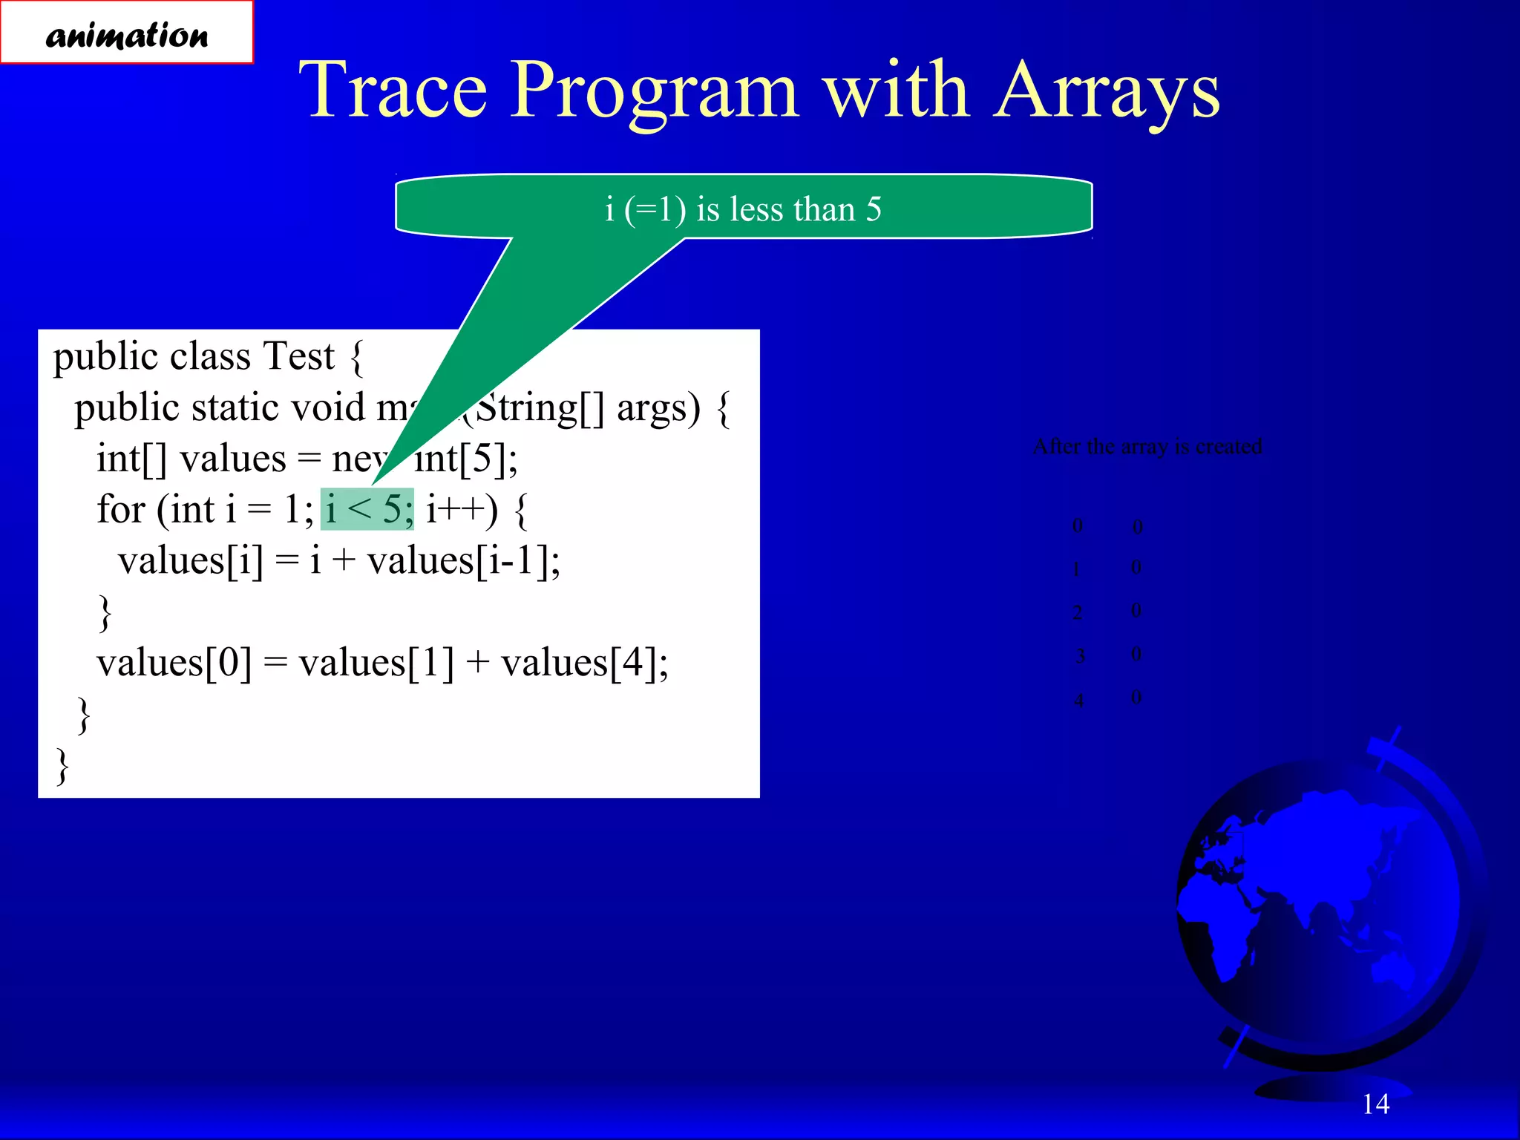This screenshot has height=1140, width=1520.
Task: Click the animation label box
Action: tap(126, 33)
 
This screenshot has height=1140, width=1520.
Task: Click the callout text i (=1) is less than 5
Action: tap(743, 209)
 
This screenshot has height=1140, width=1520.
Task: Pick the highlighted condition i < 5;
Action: tap(367, 509)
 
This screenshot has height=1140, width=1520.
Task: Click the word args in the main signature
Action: tap(658, 408)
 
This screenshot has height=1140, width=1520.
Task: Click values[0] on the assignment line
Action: tap(174, 662)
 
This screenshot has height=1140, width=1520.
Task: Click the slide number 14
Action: tap(1375, 1104)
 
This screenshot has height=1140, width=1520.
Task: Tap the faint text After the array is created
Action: tap(1147, 446)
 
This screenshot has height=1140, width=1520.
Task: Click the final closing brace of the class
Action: tap(63, 767)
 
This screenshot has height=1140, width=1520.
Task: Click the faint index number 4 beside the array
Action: tap(1078, 700)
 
